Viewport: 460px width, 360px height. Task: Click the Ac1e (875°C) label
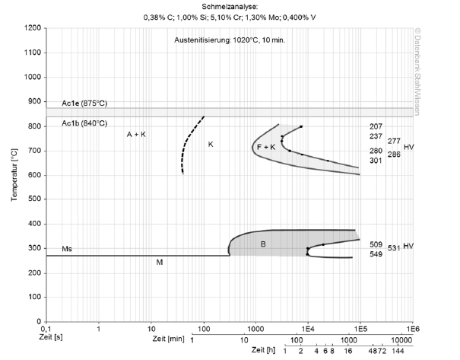click(84, 104)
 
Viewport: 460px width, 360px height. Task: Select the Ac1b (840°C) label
click(84, 123)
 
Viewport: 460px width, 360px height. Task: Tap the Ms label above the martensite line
click(67, 249)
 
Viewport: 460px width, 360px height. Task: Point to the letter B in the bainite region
click(263, 244)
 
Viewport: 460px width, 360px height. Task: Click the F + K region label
click(266, 147)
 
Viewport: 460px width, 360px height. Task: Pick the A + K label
click(136, 135)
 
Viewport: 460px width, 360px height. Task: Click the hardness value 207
click(376, 126)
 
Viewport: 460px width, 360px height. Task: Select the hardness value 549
click(376, 254)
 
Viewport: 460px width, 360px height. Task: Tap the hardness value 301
click(376, 161)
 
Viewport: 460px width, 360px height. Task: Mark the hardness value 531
click(394, 248)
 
